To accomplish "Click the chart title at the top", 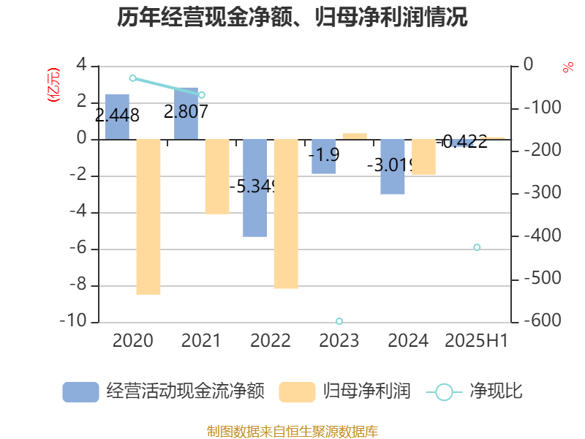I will click(x=292, y=18).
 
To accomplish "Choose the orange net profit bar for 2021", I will click(x=217, y=176).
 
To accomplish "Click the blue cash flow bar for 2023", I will click(x=324, y=157).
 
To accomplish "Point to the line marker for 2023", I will click(x=339, y=321).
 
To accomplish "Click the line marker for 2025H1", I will click(x=477, y=247).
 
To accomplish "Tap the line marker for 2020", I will click(x=132, y=78).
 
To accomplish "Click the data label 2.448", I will click(x=117, y=115).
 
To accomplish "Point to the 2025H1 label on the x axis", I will click(x=477, y=341).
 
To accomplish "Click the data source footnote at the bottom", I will click(x=292, y=431).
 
